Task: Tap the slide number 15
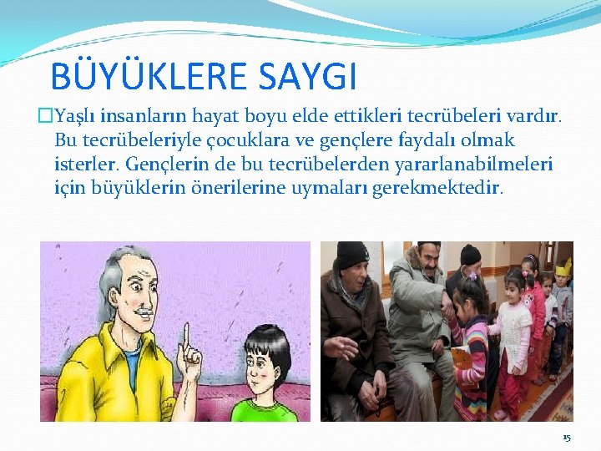pyautogui.click(x=567, y=438)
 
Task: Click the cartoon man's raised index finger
pyautogui.click(x=187, y=334)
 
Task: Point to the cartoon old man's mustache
pyautogui.click(x=142, y=313)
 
